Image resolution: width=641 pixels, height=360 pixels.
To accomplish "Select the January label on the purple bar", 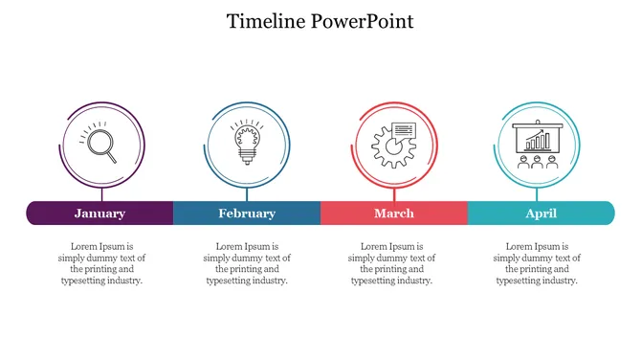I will click(x=99, y=214).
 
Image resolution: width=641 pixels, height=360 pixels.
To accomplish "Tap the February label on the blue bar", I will click(x=246, y=214).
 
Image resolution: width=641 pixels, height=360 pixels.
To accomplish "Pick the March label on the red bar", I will click(x=394, y=214).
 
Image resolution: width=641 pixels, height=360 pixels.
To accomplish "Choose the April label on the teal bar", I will click(x=541, y=214).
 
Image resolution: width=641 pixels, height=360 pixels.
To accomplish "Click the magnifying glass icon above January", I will click(x=102, y=145).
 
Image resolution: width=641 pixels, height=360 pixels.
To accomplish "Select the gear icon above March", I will click(x=392, y=146).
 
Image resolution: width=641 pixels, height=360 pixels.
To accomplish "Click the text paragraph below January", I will click(x=102, y=263).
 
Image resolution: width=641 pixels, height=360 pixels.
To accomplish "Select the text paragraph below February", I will click(x=248, y=263).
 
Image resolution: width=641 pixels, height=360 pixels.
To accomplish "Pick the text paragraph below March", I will click(x=392, y=263).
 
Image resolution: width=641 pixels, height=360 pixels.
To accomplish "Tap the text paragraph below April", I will click(x=538, y=263).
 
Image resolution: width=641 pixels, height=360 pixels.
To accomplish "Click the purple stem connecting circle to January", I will click(x=102, y=192).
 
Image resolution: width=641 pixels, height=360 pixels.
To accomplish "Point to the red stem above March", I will click(x=394, y=192).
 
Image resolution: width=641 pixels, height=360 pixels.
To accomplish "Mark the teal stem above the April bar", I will click(x=538, y=192).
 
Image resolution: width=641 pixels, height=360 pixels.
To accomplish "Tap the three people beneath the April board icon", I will click(x=538, y=162).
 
